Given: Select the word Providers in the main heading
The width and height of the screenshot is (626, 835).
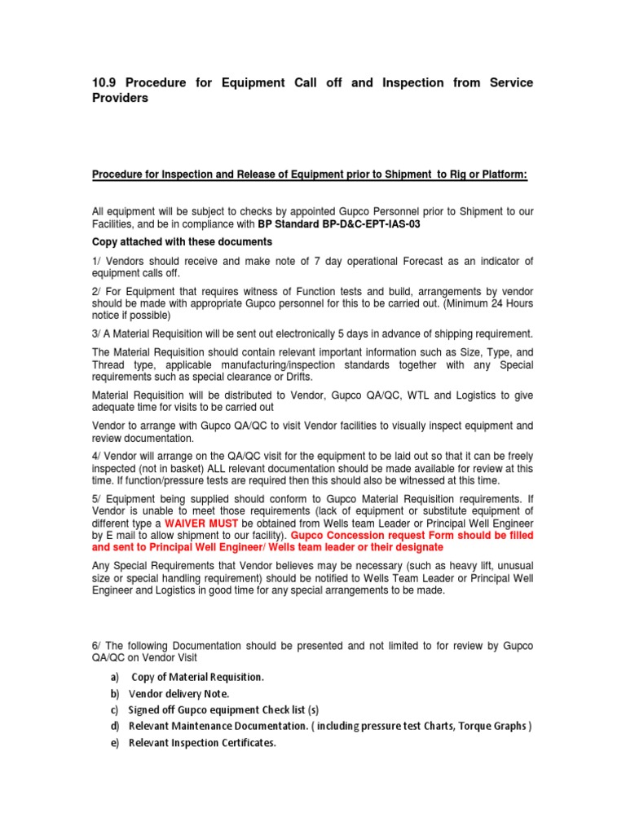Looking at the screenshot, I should [x=121, y=99].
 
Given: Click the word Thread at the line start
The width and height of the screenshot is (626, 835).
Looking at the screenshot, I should [x=108, y=366].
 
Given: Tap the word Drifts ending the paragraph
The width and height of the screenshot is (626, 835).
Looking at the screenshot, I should [x=293, y=378].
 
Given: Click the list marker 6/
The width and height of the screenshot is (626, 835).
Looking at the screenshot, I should [x=97, y=646].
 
